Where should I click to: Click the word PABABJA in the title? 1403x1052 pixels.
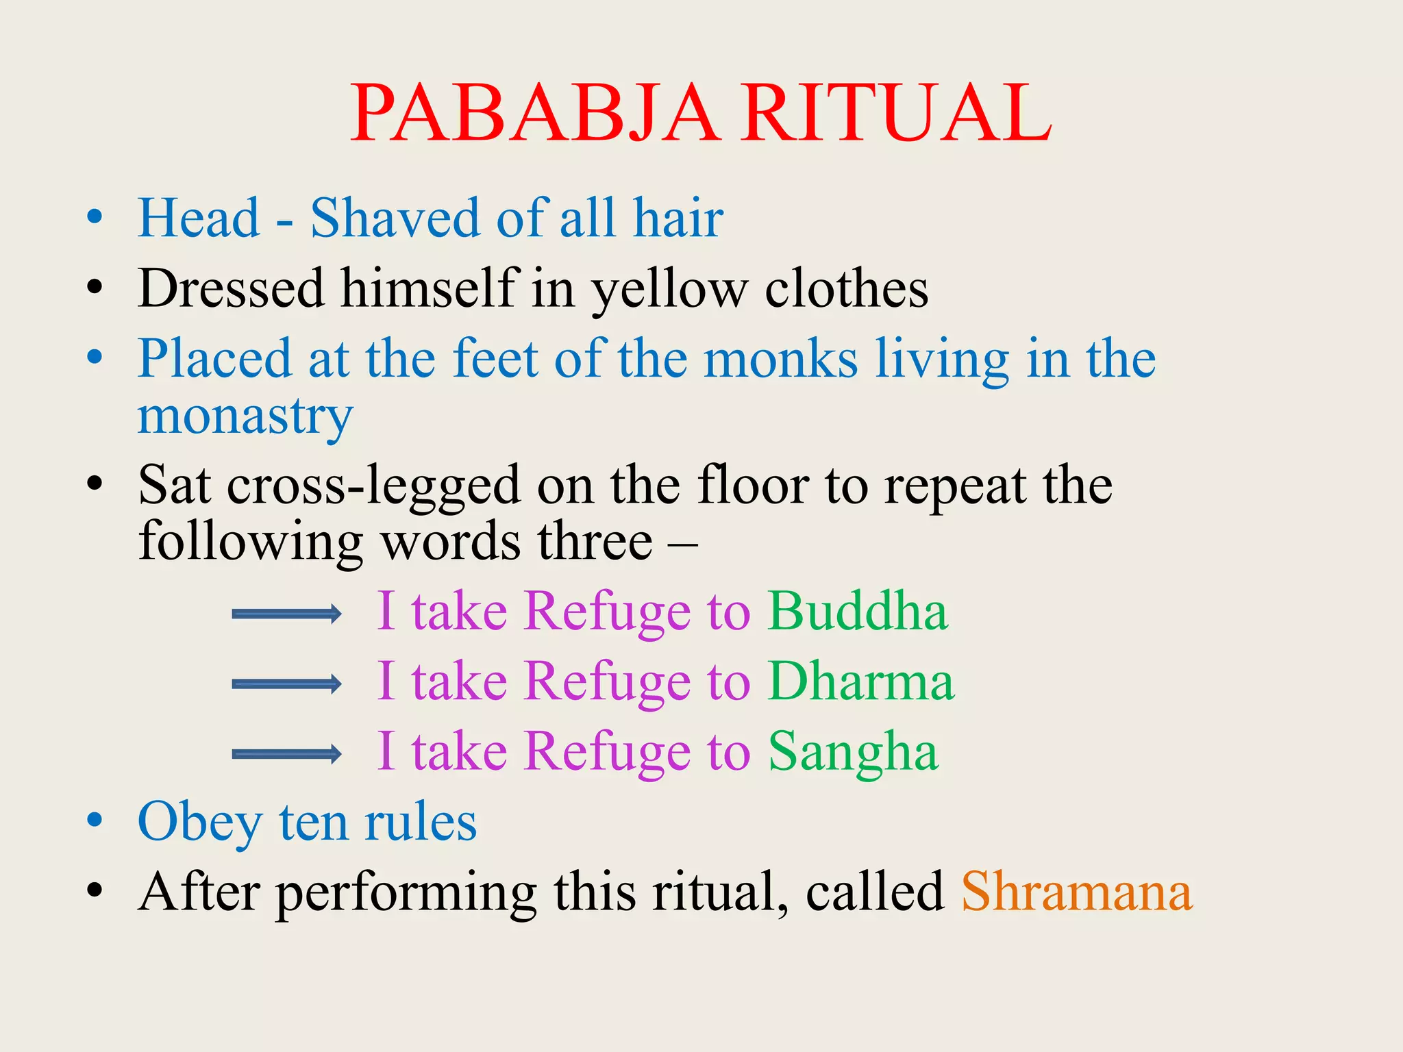534,113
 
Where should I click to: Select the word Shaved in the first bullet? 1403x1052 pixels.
395,218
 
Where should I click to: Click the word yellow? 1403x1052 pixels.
670,289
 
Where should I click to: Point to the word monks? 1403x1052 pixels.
780,359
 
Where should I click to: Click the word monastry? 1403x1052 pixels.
245,416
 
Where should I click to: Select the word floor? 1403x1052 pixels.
753,485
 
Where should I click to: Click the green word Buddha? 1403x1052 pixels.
858,611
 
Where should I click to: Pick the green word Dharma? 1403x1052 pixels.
861,681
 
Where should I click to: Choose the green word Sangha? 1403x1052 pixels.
853,752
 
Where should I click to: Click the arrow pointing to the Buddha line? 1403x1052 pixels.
286,614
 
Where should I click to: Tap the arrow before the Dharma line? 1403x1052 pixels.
286,684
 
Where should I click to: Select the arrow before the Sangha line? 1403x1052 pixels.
286,754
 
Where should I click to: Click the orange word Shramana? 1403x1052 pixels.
1076,892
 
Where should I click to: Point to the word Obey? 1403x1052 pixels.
199,822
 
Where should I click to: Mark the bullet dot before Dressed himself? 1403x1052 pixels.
95,287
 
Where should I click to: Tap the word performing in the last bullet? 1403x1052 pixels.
406,894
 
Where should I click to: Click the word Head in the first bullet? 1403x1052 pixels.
199,218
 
